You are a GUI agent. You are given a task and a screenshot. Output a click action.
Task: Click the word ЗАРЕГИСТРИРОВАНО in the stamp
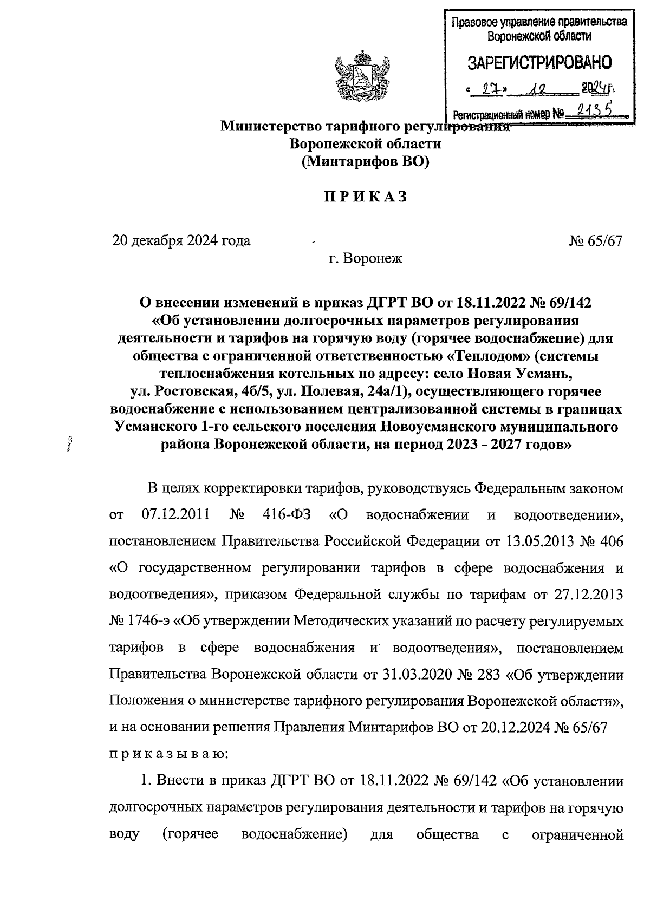coord(539,63)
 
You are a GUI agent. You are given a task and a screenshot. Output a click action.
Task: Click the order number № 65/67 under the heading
coord(595,240)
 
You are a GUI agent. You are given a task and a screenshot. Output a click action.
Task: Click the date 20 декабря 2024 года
coord(181,240)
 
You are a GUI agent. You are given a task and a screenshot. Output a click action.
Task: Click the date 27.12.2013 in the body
coord(589,595)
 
